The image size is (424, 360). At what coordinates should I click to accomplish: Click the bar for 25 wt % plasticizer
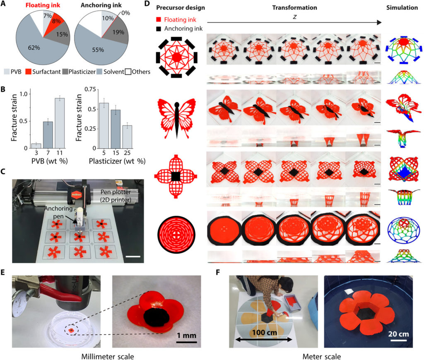[127, 136]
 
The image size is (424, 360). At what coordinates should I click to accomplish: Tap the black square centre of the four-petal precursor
[176, 177]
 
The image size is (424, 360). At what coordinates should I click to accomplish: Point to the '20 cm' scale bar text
[398, 332]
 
